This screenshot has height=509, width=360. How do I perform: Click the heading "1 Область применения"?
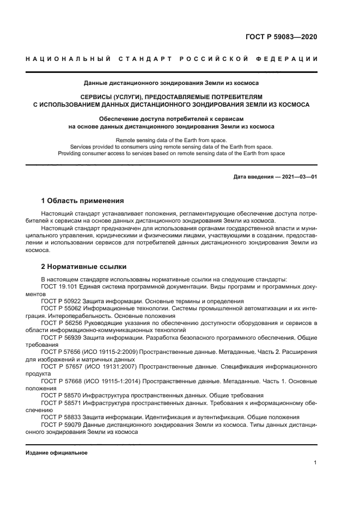(82, 200)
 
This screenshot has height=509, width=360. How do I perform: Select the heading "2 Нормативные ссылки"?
(84, 267)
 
